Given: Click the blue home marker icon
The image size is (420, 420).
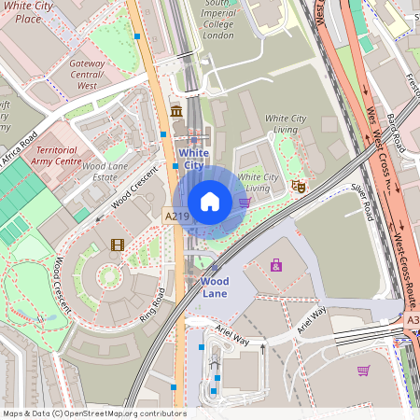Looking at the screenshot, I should [210, 202].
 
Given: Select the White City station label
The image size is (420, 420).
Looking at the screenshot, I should [192, 159].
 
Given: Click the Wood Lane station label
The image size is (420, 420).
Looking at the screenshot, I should [215, 287].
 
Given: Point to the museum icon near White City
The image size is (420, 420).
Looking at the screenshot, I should [176, 113].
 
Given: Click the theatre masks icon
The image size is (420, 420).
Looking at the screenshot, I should [300, 187].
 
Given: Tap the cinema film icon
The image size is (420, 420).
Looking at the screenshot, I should [117, 245].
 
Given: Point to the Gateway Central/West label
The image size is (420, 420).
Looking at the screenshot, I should [87, 74].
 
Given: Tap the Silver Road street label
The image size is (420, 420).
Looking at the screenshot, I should [368, 197].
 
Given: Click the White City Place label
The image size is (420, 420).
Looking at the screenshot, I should [27, 12].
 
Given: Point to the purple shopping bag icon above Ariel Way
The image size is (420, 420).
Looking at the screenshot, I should [276, 266].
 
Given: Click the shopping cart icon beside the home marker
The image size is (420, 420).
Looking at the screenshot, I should [245, 202].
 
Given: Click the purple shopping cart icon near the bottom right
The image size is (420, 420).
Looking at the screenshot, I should [362, 371].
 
